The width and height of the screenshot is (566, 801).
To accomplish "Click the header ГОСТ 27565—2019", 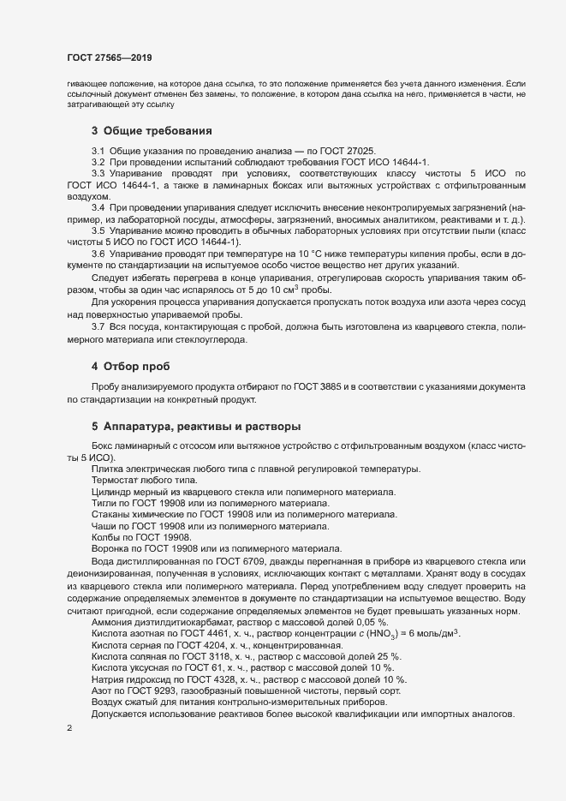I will point(104,57).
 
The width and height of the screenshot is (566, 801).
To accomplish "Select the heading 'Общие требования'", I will point(157,131).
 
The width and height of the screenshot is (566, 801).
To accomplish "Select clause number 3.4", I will point(98,208).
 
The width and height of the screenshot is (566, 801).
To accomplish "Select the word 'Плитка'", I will point(107,469).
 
